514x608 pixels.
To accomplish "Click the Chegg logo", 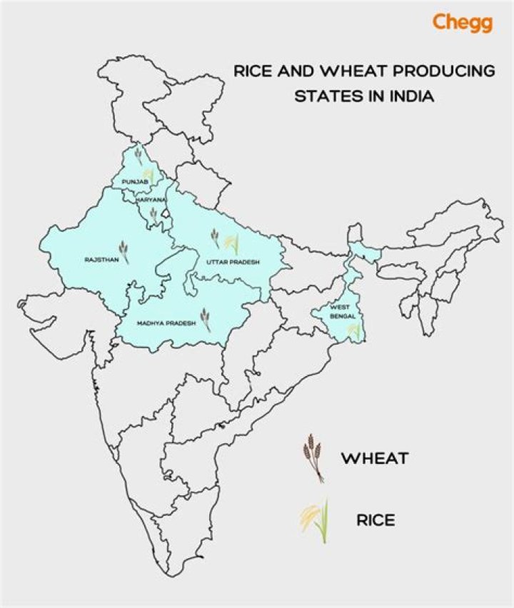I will [462, 22].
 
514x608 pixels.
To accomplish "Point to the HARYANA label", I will [151, 201].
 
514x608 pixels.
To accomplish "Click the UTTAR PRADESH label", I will [233, 262].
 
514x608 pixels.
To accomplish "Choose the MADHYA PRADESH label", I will [161, 323].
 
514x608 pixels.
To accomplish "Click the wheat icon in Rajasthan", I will [124, 250].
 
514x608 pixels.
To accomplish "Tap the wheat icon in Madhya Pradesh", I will [206, 319].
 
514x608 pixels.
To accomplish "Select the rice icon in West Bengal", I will [353, 330].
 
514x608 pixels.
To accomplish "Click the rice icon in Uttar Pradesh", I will [231, 243].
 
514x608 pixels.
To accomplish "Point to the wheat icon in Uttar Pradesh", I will [215, 238].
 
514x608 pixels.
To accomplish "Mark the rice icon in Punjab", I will [148, 173].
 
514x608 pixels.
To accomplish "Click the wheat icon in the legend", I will [311, 457].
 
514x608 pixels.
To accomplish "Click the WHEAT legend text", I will [374, 457].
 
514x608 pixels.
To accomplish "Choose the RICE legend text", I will [376, 520].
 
